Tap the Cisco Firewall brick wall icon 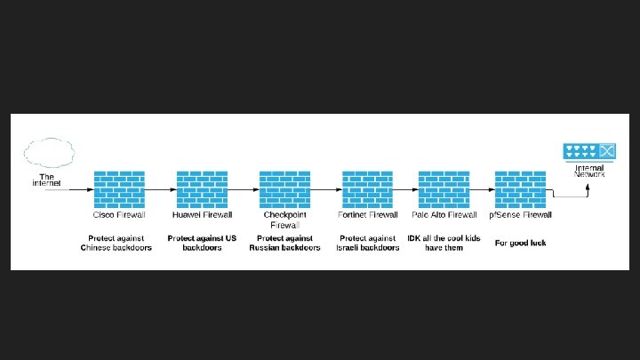coord(119,189)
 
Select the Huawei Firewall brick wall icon coord(202,189)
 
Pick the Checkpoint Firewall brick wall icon coord(284,189)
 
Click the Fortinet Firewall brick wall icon coord(367,189)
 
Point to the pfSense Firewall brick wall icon coord(520,189)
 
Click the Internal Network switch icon coord(589,152)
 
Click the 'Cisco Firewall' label coord(119,215)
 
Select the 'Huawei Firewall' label coord(202,215)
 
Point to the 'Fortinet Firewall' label coord(367,215)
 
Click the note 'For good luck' coord(521,243)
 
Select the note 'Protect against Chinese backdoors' coord(116,243)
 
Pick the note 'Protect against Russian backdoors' coord(284,243)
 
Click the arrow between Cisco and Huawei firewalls coord(160,189)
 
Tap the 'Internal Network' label coord(589,171)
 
